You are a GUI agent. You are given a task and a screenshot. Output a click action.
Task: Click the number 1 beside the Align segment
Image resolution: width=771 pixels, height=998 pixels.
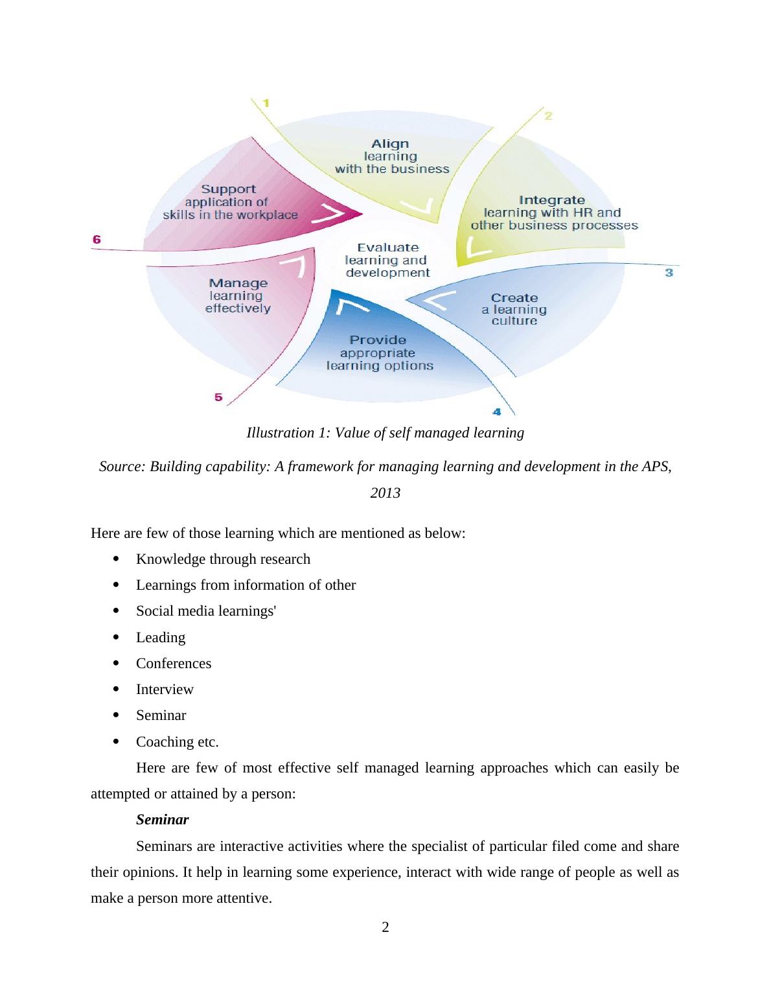point(266,102)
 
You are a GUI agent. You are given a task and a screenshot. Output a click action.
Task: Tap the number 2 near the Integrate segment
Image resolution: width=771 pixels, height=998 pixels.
point(548,115)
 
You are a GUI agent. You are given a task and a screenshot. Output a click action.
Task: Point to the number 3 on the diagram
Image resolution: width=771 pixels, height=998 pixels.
point(669,273)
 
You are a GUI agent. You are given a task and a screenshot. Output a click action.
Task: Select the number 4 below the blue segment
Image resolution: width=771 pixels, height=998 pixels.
point(497,412)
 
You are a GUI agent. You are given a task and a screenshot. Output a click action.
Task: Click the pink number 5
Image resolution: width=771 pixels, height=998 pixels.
point(218,397)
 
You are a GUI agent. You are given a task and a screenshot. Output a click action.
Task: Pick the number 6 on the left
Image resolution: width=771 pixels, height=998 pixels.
point(97,240)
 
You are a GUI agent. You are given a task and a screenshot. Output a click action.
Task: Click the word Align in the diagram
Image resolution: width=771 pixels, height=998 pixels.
point(390,144)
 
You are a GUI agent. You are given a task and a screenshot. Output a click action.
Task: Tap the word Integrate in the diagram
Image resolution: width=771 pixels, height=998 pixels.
point(551,200)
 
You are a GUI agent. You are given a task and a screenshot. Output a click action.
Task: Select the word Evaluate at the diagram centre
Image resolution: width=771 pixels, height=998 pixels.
point(387,248)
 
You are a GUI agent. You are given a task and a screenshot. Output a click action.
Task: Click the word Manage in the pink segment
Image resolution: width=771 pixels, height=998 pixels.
point(238,283)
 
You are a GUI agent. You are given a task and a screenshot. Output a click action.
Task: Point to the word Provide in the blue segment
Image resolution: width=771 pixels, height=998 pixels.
point(378,340)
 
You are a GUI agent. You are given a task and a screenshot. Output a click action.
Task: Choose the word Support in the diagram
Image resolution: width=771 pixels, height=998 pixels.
point(228,189)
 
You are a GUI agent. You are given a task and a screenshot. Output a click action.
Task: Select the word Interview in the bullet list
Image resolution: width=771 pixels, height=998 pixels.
point(165,690)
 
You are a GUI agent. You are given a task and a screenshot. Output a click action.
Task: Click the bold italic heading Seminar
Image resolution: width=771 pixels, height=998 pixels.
point(162,820)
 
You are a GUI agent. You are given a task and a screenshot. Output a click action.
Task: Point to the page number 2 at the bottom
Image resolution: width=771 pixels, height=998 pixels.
point(385,927)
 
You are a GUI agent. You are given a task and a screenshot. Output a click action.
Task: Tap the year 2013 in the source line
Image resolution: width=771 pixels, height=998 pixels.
point(385,493)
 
